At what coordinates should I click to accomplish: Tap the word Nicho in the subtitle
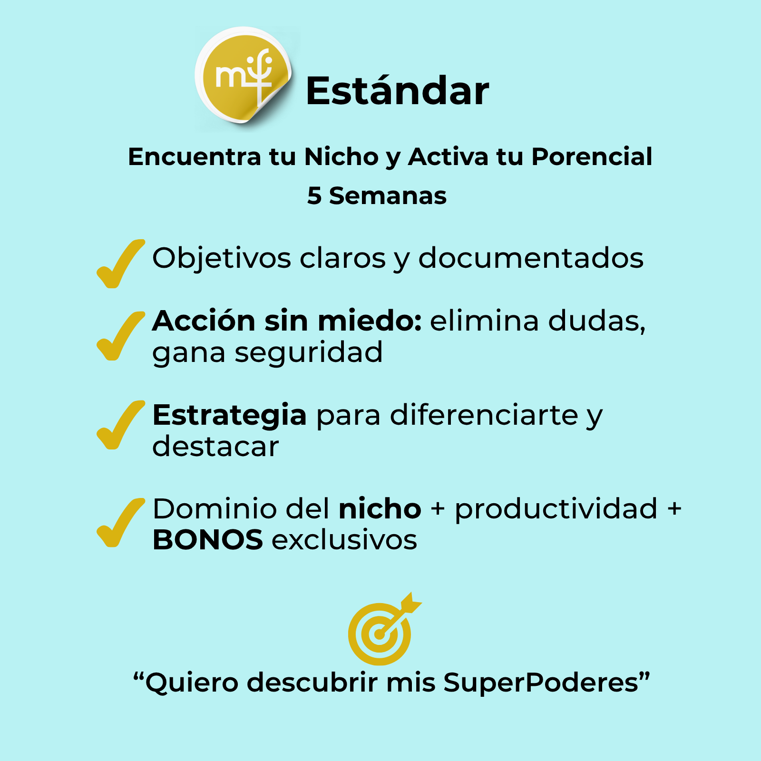tap(341, 156)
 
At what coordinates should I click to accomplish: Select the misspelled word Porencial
tap(592, 156)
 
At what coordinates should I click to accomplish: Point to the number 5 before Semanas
tap(314, 196)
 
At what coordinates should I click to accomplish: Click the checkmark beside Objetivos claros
tap(120, 263)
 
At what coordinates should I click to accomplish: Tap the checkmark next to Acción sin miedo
tap(120, 336)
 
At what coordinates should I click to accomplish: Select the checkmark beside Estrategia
tap(120, 425)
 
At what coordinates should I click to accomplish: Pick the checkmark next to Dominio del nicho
tap(120, 522)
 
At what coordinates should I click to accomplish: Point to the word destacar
tap(215, 446)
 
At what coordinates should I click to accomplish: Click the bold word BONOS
tap(207, 540)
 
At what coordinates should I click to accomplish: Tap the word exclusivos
tap(344, 540)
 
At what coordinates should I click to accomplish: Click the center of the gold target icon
tap(379, 634)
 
